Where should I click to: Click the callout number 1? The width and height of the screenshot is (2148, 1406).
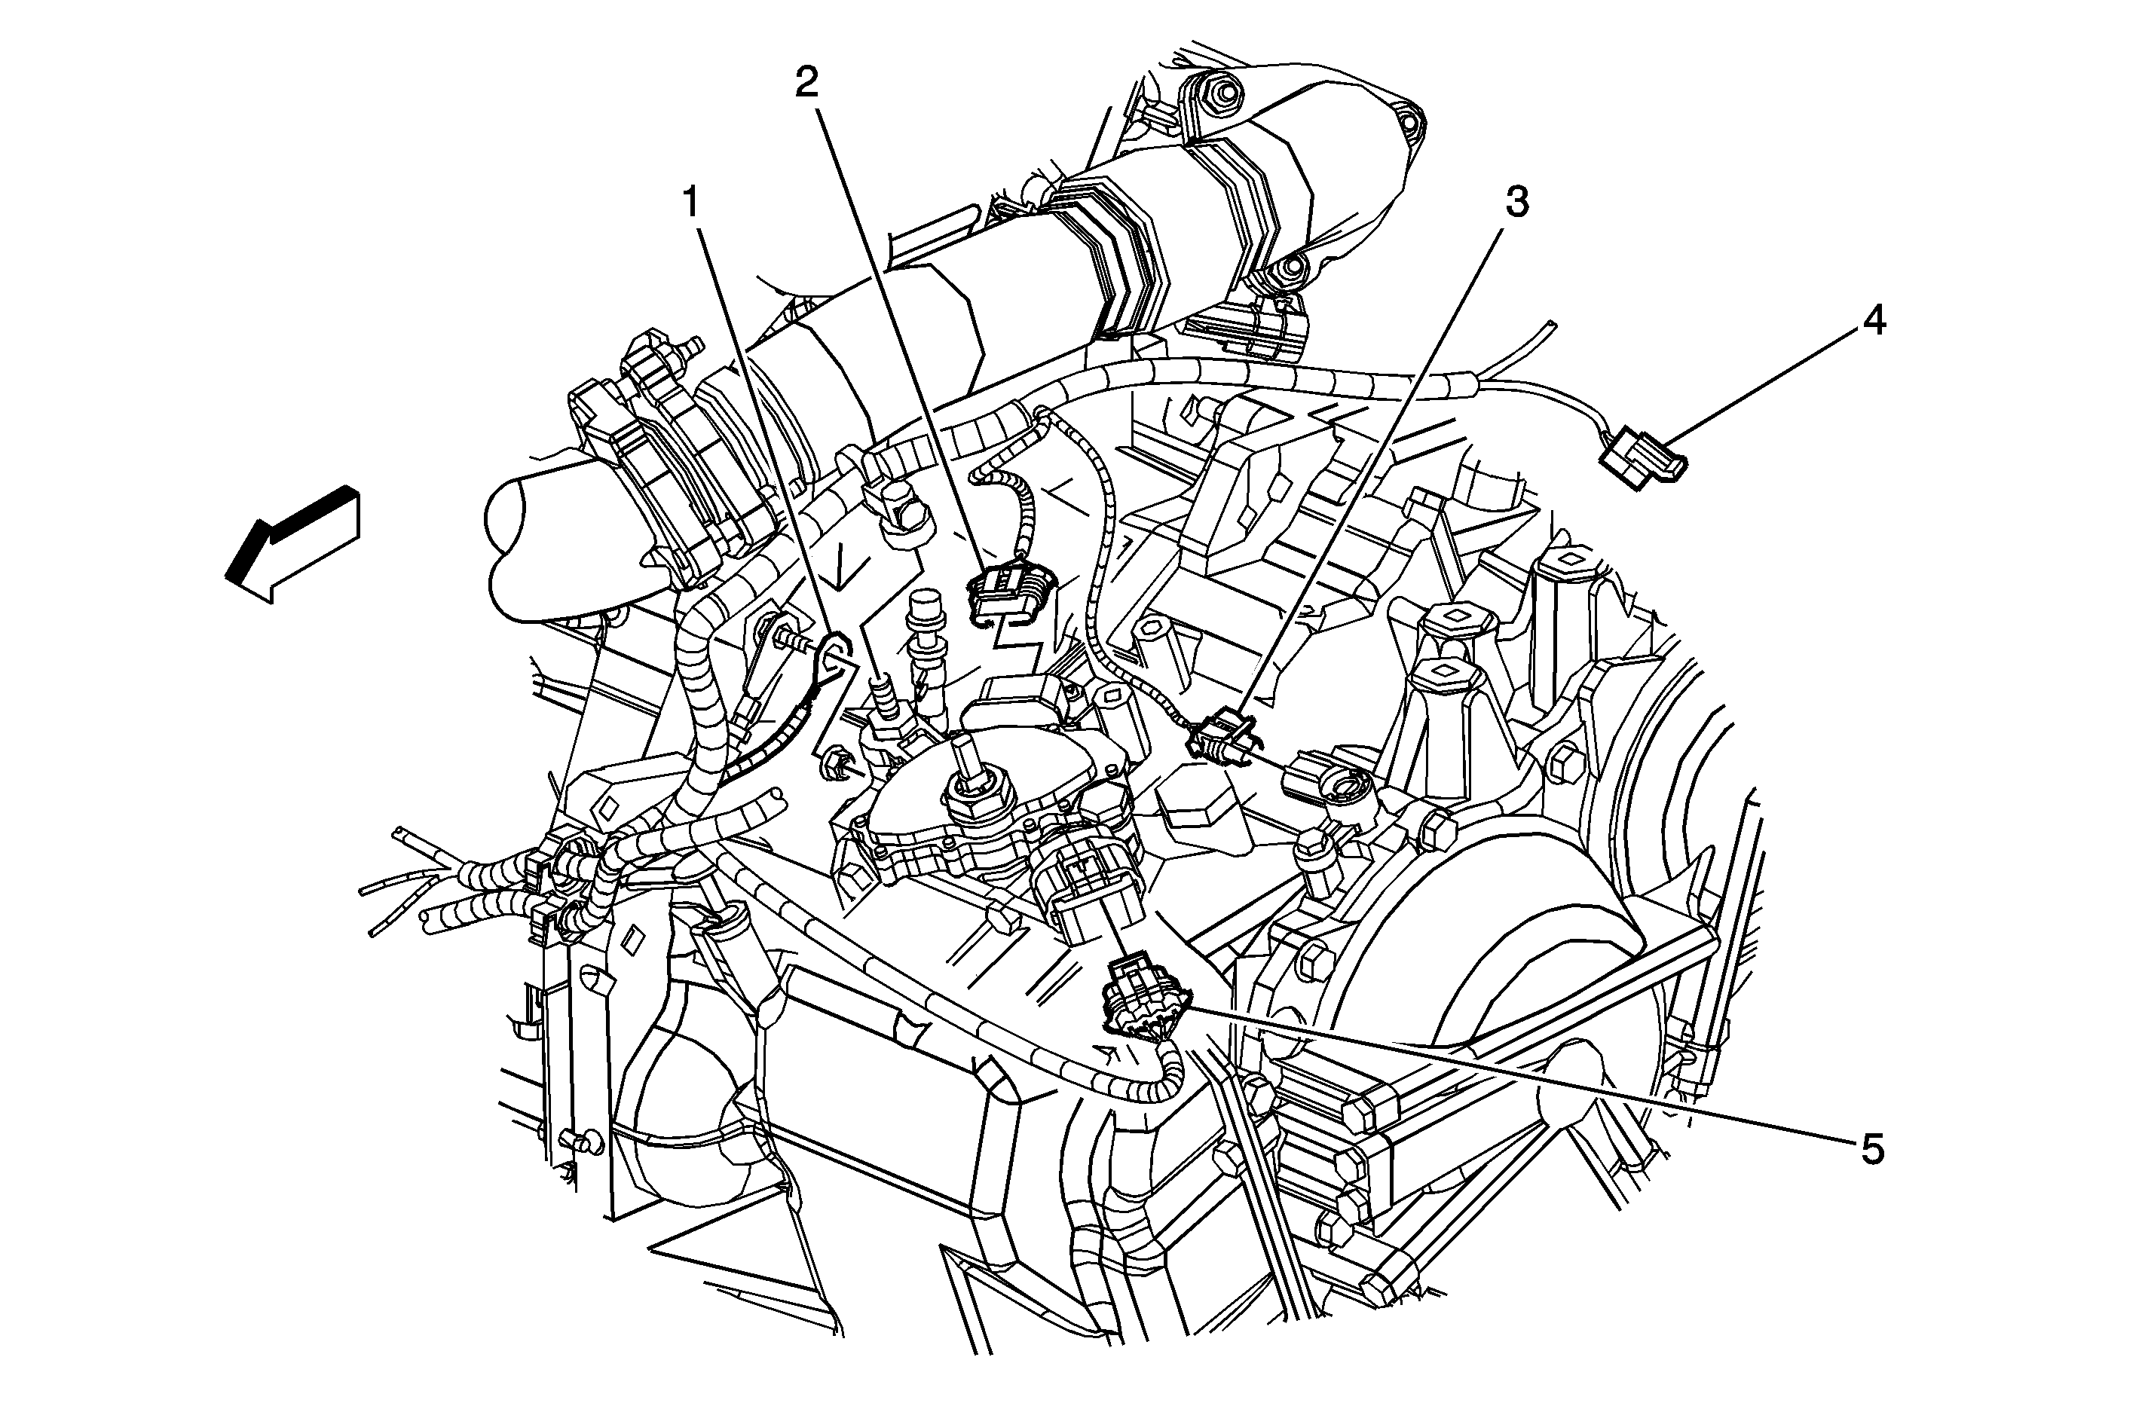point(692,204)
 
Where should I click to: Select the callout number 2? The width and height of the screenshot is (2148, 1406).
point(806,83)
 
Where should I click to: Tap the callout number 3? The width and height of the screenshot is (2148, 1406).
point(1516,203)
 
